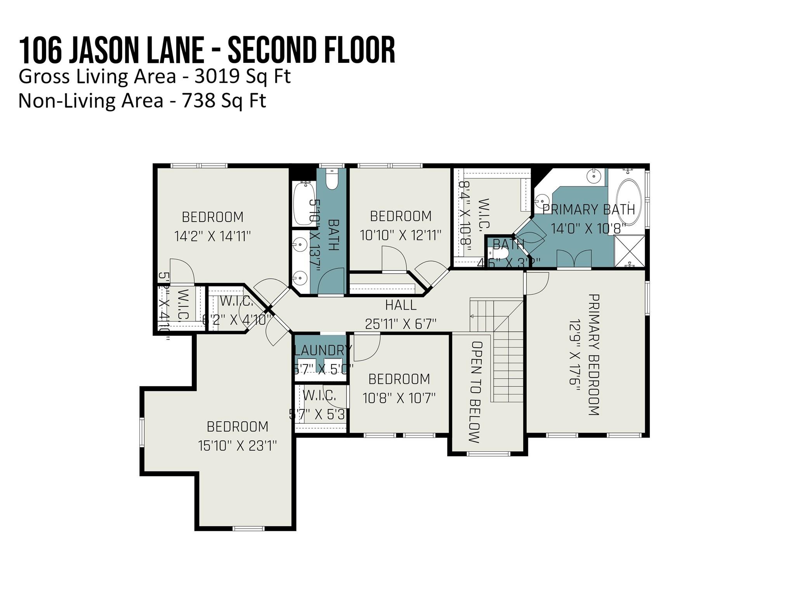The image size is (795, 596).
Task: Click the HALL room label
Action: [x=401, y=305]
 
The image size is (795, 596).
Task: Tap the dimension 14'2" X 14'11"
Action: [x=213, y=236]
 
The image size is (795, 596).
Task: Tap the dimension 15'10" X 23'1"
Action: [x=237, y=446]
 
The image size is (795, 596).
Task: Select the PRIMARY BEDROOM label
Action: [x=594, y=355]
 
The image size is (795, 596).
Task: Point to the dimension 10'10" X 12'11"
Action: [x=401, y=235]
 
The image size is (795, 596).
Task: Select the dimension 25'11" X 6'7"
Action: [x=401, y=323]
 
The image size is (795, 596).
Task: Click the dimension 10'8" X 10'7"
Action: [x=399, y=398]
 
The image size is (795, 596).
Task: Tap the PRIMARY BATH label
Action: [x=588, y=210]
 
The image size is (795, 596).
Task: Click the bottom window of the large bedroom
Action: [x=248, y=528]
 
